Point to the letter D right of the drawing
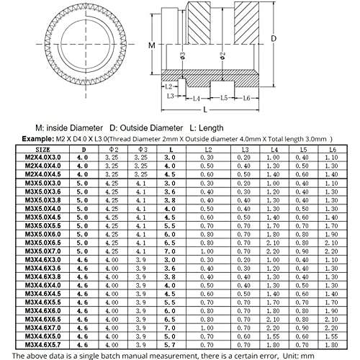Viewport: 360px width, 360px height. pos(273,37)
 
